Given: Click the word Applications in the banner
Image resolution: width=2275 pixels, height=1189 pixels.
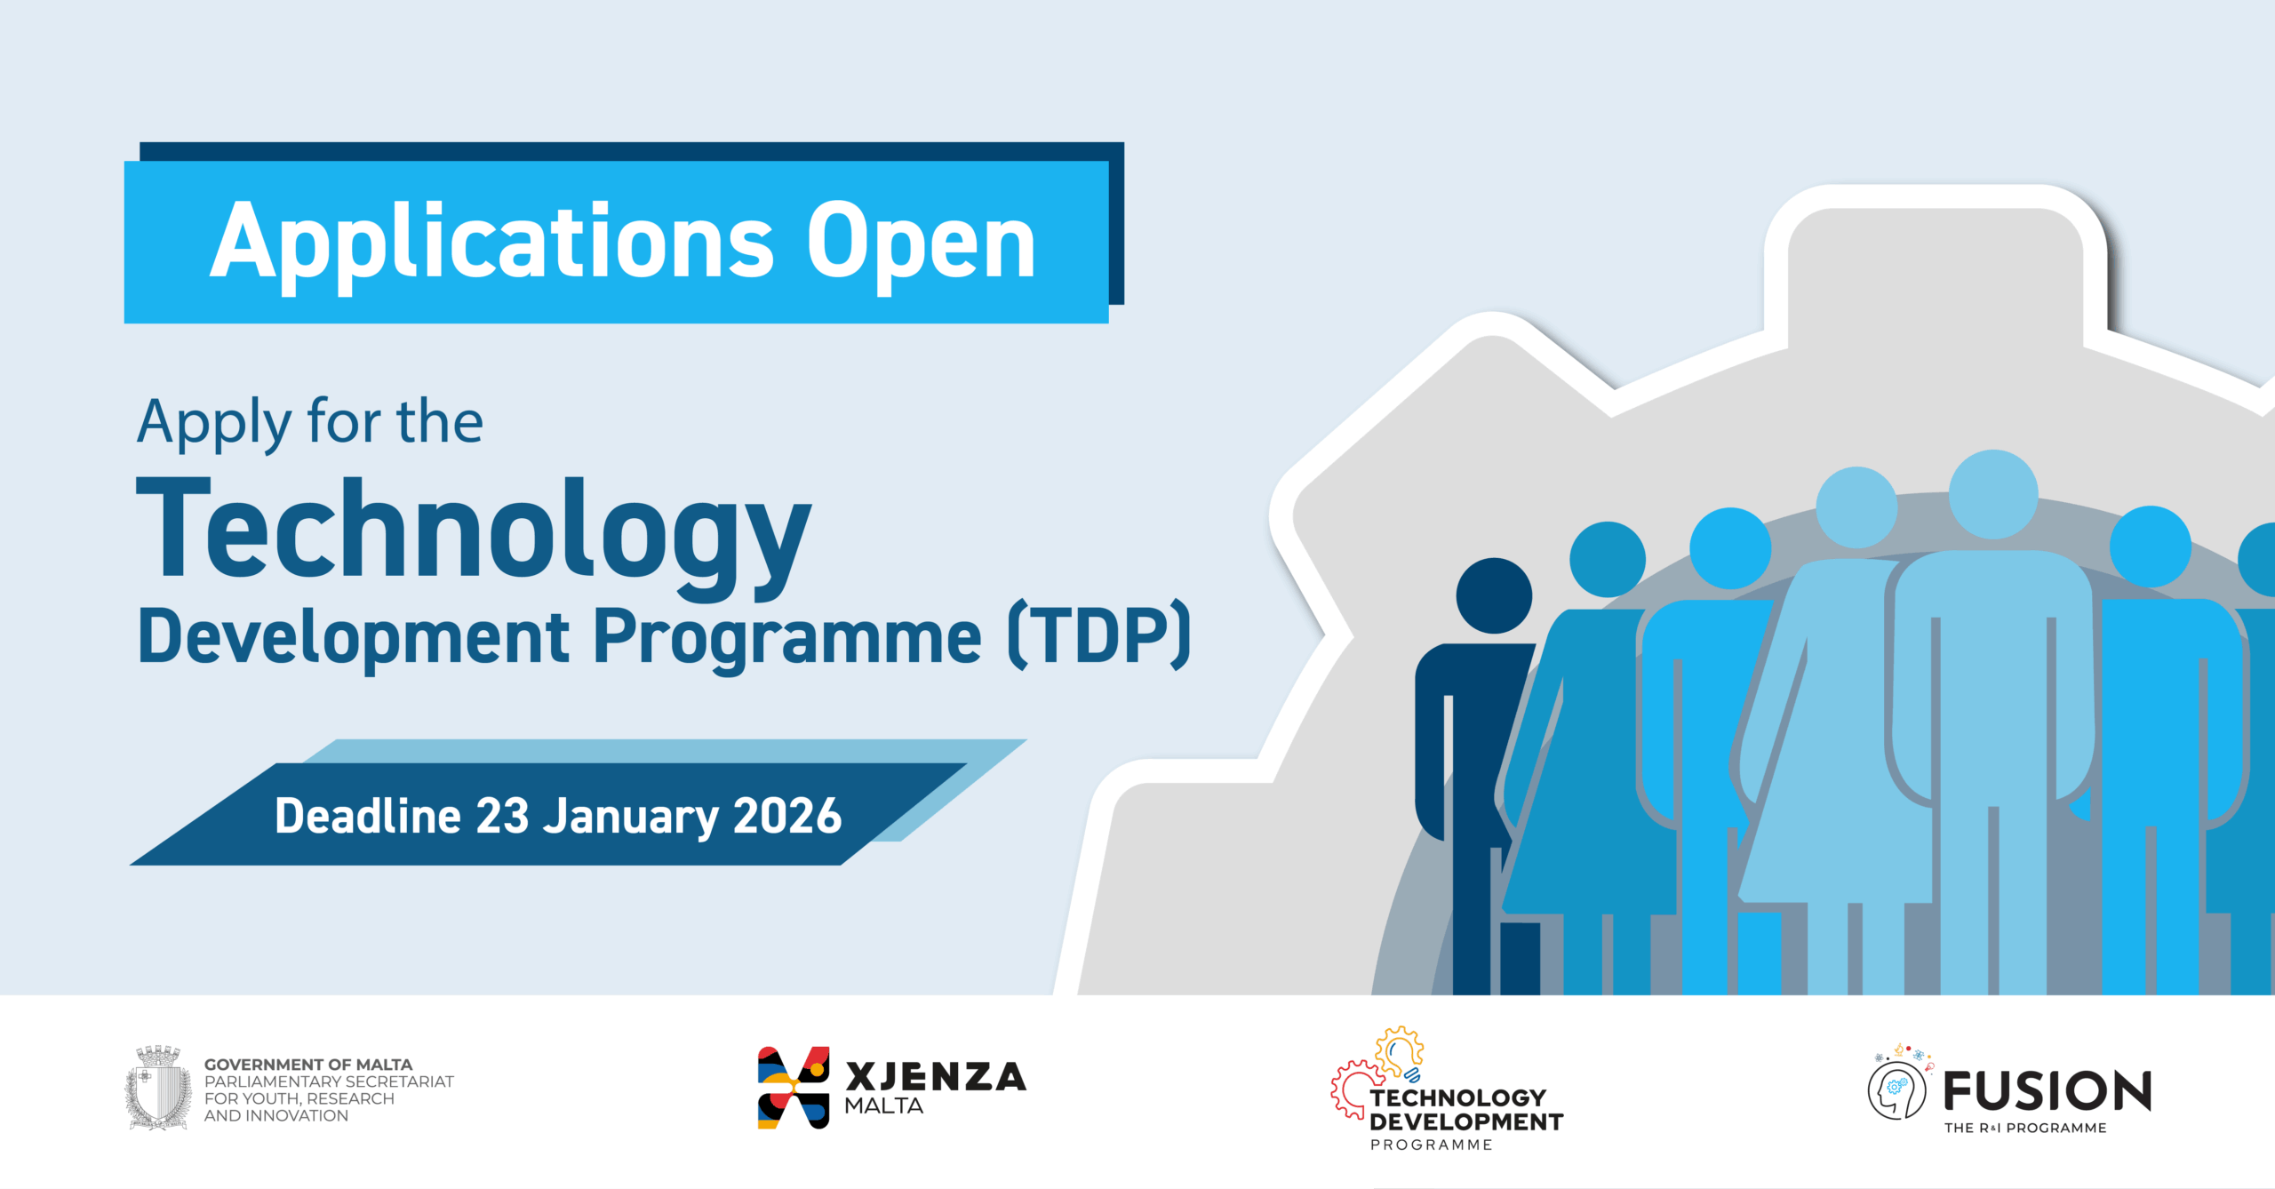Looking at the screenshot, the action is (x=491, y=243).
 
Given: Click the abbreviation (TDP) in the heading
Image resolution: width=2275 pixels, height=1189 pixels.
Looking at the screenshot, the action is (x=1099, y=635).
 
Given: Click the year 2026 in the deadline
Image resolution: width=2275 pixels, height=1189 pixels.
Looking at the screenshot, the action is (x=787, y=816).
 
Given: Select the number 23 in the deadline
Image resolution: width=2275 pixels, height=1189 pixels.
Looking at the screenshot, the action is (x=503, y=816).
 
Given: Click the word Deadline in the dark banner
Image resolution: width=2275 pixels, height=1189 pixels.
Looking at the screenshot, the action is (x=368, y=816).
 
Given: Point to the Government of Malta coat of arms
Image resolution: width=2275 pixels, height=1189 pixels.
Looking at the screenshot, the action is (x=158, y=1088).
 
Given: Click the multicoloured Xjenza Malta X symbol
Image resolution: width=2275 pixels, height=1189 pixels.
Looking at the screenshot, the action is (x=794, y=1088).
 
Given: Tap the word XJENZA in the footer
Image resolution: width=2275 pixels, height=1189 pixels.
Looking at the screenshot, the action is (x=936, y=1077).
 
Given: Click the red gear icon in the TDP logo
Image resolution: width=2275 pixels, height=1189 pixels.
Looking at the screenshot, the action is (x=1352, y=1089).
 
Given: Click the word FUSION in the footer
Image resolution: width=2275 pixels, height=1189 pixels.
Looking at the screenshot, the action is (x=2047, y=1091).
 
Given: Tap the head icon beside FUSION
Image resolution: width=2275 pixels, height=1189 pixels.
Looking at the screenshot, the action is (x=1897, y=1090).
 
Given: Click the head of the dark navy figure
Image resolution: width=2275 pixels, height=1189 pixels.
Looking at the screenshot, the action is (x=1494, y=595).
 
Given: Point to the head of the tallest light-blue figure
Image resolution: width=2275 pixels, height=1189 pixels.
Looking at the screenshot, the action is (x=1993, y=494).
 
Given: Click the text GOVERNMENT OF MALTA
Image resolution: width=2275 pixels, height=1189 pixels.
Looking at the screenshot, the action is (x=308, y=1065).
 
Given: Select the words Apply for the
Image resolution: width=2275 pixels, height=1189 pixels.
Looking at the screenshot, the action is (x=310, y=423).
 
